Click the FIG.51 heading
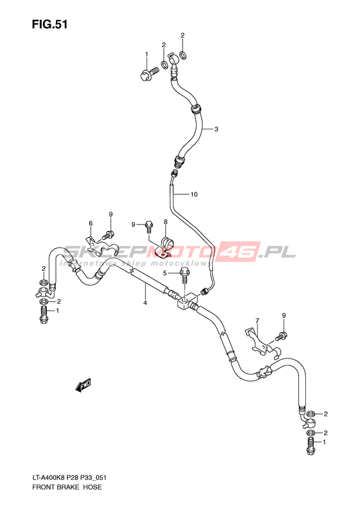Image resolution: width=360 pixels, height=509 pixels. click(x=50, y=24)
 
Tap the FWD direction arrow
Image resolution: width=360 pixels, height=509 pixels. click(x=83, y=385)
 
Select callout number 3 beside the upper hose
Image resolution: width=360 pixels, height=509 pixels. click(x=216, y=129)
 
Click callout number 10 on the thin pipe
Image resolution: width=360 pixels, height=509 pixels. click(x=194, y=194)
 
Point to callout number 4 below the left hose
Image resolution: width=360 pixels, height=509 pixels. click(x=145, y=303)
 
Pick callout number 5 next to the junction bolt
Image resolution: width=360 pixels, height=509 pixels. click(x=165, y=273)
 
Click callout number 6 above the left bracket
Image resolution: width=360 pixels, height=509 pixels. click(x=91, y=223)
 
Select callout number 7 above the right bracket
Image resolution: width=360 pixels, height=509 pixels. click(x=257, y=320)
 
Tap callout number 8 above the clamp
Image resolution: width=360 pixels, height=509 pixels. click(x=165, y=222)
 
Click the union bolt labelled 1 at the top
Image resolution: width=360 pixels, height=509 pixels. click(x=149, y=74)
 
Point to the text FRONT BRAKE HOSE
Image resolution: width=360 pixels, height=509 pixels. click(x=67, y=487)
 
